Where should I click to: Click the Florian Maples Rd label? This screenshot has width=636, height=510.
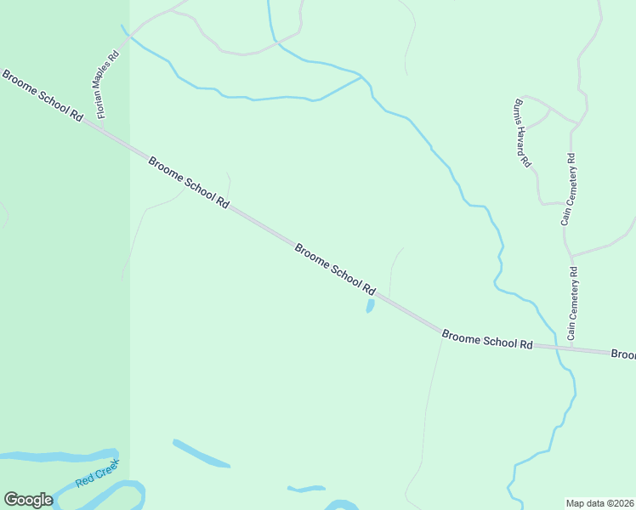(107, 84)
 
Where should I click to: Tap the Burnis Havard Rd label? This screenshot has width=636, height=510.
(522, 133)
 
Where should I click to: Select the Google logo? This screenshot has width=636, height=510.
(28, 500)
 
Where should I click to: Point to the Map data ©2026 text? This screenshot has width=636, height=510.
(600, 503)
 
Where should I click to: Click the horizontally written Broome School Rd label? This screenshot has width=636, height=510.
(487, 340)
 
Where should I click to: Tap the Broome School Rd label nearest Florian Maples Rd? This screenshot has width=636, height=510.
(42, 96)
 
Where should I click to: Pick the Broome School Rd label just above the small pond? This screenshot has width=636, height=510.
(336, 268)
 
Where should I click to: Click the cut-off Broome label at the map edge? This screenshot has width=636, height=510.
(624, 354)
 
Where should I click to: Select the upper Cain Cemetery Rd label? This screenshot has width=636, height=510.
(568, 189)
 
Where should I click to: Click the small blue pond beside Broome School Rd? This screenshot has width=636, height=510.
(370, 305)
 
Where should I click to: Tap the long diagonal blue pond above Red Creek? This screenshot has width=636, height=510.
(201, 454)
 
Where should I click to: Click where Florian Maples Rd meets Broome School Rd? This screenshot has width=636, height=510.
(102, 127)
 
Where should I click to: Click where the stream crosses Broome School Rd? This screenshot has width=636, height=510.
(558, 348)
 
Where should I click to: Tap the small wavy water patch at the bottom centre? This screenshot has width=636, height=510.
(306, 489)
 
